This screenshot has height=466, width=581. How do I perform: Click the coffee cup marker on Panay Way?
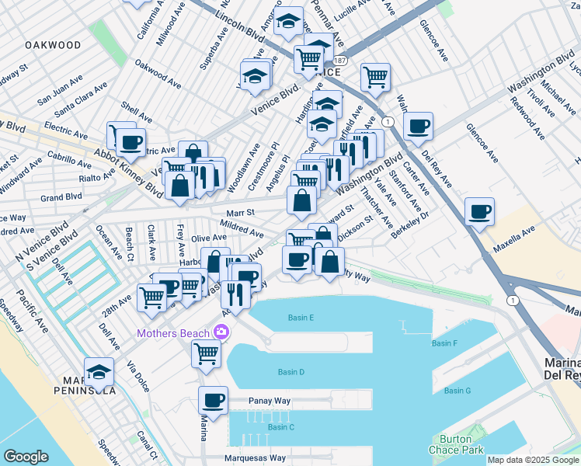tap(213, 401)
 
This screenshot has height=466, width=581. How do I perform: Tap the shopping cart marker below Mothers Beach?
tap(207, 353)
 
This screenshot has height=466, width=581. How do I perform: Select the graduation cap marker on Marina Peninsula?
tap(99, 373)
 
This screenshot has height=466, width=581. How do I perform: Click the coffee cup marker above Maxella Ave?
tap(479, 212)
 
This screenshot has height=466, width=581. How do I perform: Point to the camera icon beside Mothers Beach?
tap(222, 333)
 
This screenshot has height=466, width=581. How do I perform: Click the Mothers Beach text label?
tap(173, 334)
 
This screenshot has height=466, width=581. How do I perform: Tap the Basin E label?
tap(301, 318)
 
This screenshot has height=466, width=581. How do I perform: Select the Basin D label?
tap(291, 372)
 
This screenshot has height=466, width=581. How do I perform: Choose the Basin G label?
tap(457, 391)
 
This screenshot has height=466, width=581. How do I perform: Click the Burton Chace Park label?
tap(456, 444)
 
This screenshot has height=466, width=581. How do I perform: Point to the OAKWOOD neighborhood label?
tap(53, 45)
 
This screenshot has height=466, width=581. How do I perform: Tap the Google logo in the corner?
tap(26, 457)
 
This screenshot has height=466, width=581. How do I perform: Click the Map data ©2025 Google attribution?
tap(532, 460)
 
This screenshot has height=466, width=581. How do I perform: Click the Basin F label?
tap(444, 343)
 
